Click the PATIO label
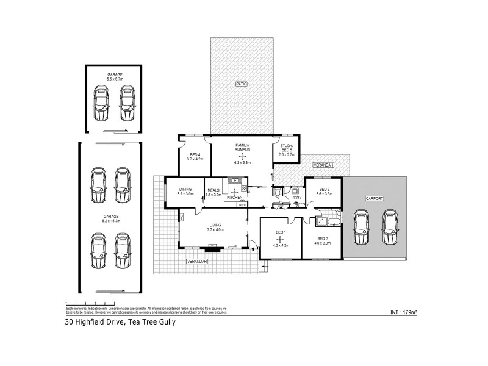click(x=242, y=84)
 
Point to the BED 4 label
click(x=195, y=156)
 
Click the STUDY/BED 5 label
click(x=287, y=148)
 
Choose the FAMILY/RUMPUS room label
click(x=242, y=148)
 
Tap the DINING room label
click(x=185, y=189)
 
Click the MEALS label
click(x=213, y=189)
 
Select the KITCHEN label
click(x=234, y=198)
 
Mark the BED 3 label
click(x=324, y=189)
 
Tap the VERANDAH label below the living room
click(x=197, y=261)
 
